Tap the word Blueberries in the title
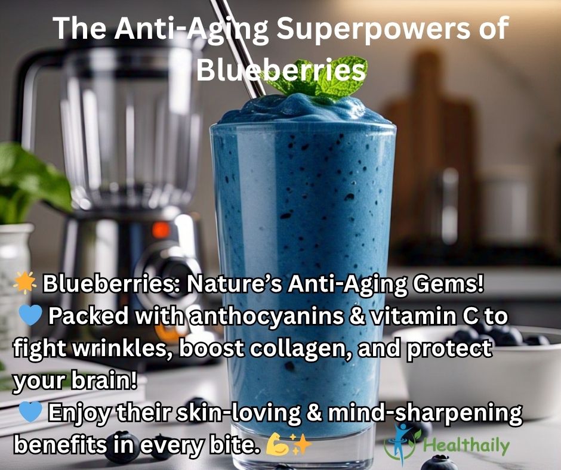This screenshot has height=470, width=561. [x=281, y=70]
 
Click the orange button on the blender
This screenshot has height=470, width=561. [x=161, y=230]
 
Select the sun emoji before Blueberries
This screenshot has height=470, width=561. [x=24, y=283]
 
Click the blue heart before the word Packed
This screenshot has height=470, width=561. [x=30, y=315]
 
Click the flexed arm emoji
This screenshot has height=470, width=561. [x=277, y=444]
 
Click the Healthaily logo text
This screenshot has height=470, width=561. [x=466, y=445]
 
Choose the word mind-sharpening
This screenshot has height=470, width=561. [x=425, y=413]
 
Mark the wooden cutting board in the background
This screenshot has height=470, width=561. [x=429, y=150]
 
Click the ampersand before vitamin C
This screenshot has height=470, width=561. [x=357, y=316]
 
